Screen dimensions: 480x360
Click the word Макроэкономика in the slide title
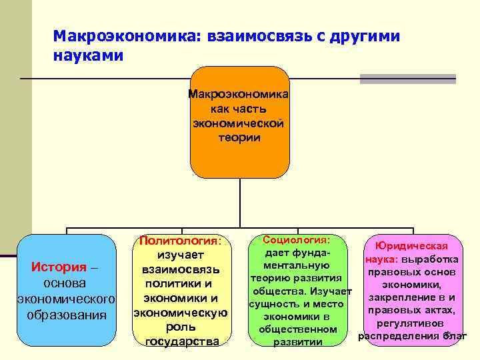(x=120, y=35)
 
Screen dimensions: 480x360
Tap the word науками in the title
(x=89, y=55)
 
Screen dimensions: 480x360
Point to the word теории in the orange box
(x=239, y=137)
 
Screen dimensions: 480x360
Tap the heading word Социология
(x=296, y=239)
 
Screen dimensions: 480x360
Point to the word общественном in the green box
(x=297, y=329)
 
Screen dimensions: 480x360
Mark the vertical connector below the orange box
(x=239, y=203)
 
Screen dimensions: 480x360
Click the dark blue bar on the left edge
(x=8, y=255)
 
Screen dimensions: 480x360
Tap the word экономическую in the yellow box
(x=181, y=313)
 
